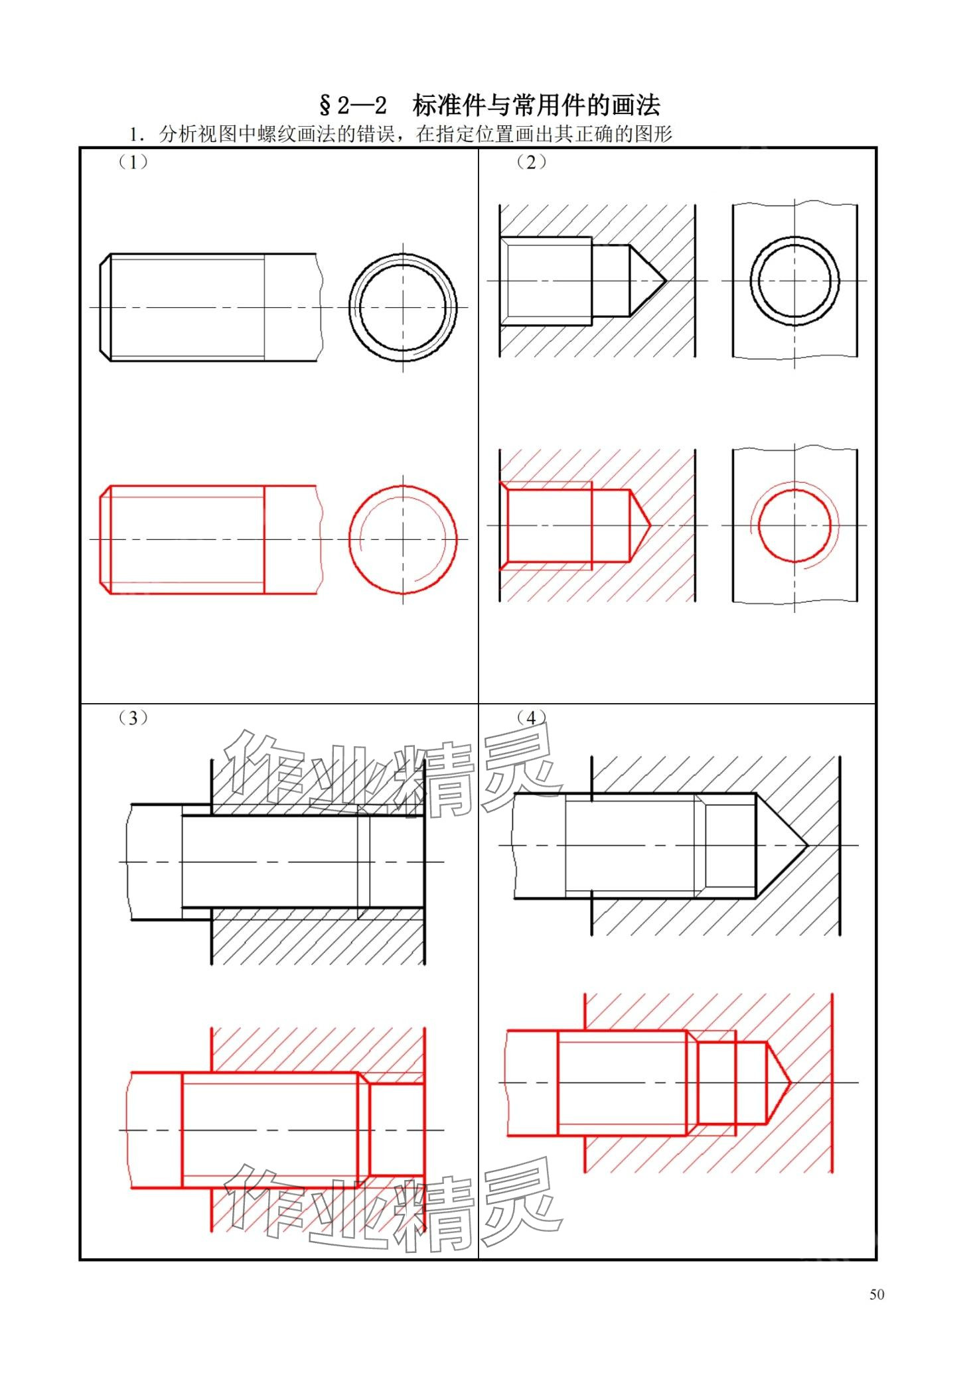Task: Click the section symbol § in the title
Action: click(325, 105)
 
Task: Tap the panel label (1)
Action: click(133, 163)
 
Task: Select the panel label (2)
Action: click(531, 163)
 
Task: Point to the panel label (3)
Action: click(133, 718)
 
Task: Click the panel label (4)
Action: click(531, 718)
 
